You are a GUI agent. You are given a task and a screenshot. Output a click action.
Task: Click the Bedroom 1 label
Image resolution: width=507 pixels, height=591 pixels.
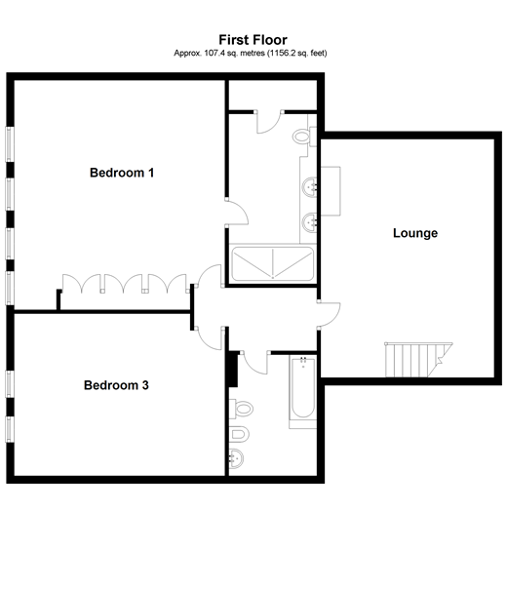pyautogui.click(x=122, y=173)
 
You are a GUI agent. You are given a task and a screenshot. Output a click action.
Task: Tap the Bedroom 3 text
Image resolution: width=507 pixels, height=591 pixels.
pyautogui.click(x=116, y=385)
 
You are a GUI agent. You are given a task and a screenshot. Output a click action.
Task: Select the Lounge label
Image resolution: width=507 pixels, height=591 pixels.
pyautogui.click(x=414, y=233)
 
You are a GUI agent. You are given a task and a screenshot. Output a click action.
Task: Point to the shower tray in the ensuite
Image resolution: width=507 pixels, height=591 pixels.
pyautogui.click(x=273, y=264)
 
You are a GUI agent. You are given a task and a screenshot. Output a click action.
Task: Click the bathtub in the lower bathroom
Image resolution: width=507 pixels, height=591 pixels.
pyautogui.click(x=302, y=392)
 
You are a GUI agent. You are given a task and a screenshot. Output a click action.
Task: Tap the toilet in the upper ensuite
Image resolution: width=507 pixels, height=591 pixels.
pyautogui.click(x=304, y=138)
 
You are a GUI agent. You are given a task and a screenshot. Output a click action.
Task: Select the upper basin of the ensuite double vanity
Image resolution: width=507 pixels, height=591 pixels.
pyautogui.click(x=311, y=185)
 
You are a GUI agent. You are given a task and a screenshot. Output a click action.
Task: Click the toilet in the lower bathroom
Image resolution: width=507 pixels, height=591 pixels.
pyautogui.click(x=241, y=407)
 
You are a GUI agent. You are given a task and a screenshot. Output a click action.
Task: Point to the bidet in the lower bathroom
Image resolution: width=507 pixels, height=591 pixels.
pyautogui.click(x=240, y=433)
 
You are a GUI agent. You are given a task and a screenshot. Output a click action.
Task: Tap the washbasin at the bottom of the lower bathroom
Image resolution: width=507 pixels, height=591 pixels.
pyautogui.click(x=236, y=459)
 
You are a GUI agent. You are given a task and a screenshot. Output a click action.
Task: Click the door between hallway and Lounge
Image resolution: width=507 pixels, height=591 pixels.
pyautogui.click(x=329, y=312)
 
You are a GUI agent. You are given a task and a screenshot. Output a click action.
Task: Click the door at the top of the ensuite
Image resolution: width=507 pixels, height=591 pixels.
pyautogui.click(x=268, y=122)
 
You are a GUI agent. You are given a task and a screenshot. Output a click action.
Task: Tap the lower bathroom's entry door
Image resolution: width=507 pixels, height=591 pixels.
pyautogui.click(x=254, y=362)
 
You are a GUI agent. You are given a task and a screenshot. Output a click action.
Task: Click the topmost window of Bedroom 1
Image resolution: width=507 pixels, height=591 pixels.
pyautogui.click(x=10, y=144)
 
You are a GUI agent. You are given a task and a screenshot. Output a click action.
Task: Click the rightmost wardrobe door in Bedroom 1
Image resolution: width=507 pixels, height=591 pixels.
pyautogui.click(x=175, y=283)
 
